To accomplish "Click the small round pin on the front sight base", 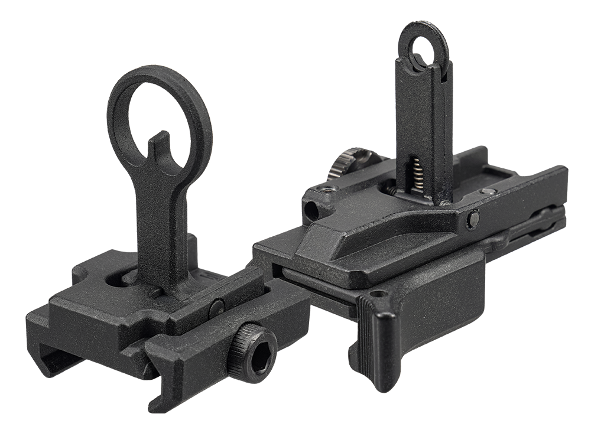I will [x=217, y=306].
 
